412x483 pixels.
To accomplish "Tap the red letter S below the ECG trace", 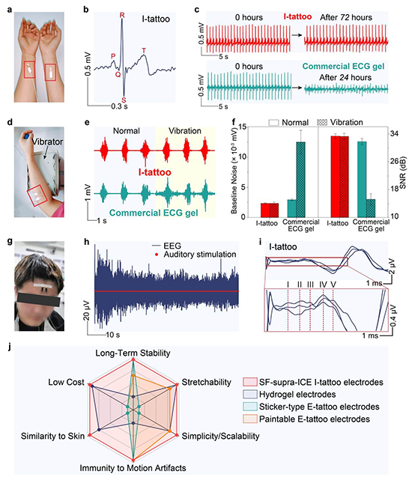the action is [124, 100].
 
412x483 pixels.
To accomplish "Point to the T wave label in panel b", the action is [144, 51].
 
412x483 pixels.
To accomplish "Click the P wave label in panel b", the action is [113, 56].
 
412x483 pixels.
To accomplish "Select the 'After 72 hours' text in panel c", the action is [346, 17].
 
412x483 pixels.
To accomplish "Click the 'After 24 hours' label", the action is [345, 78].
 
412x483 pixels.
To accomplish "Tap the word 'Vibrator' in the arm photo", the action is [47, 142].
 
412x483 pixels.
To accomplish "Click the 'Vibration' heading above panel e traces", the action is [184, 131].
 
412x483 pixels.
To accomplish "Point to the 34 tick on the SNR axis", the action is [394, 134].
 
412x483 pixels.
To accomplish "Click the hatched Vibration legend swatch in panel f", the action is [321, 123].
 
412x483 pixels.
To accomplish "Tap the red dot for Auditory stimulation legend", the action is [157, 255].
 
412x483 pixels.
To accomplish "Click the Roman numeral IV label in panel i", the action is [323, 285].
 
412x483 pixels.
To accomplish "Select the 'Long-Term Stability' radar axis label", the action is [133, 353].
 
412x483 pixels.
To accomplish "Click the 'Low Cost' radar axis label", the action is [66, 382].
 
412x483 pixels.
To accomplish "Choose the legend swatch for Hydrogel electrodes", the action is [249, 395].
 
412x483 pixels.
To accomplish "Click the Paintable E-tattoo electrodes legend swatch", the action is [249, 419].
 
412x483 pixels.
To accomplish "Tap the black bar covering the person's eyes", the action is [39, 300].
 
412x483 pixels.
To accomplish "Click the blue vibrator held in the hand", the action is [28, 135].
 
